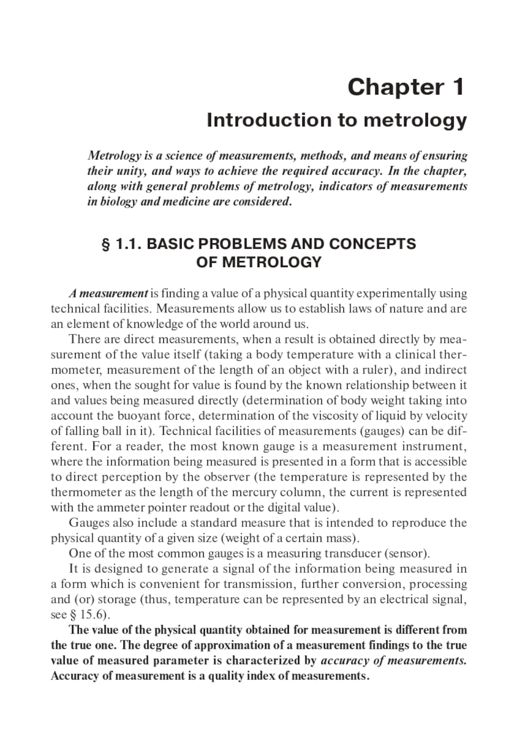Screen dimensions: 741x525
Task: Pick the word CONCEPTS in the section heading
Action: [372, 244]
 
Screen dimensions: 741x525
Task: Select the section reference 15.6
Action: [92, 615]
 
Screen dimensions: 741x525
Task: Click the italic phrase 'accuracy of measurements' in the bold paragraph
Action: [393, 660]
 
